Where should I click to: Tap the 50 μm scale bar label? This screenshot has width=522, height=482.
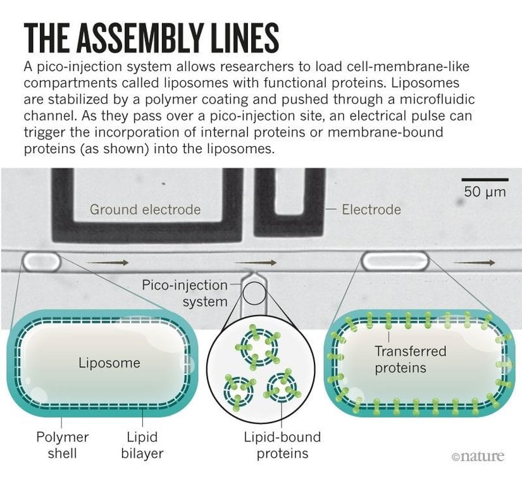click(485, 192)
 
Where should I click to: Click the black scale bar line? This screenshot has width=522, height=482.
click(485, 180)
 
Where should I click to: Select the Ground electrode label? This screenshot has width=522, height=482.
click(145, 209)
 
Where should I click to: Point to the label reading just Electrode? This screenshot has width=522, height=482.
click(371, 209)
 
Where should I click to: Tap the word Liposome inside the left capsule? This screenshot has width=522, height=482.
click(109, 363)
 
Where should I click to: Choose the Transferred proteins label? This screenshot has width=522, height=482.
click(410, 359)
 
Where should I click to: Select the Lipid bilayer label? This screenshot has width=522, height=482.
click(142, 445)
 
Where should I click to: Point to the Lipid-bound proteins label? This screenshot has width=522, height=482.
click(282, 445)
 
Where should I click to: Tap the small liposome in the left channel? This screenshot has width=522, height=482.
click(41, 260)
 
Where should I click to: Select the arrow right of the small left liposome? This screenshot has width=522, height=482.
click(108, 261)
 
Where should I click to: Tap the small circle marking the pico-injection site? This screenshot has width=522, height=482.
click(255, 293)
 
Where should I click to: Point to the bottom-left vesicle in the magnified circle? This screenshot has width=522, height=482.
click(239, 388)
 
